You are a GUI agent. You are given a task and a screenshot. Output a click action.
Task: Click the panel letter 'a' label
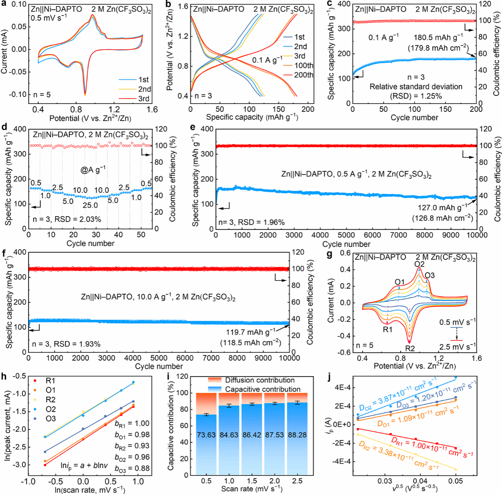pyautogui.click(x=4, y=4)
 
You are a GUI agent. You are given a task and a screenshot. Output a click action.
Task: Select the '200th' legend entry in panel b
pyautogui.click(x=303, y=75)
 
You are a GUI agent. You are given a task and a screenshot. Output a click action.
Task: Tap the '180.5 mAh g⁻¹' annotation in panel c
pyautogui.click(x=438, y=38)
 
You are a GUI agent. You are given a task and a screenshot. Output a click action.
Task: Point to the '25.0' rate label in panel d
pyautogui.click(x=90, y=205)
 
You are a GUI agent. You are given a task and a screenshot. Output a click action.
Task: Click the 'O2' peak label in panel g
pyautogui.click(x=419, y=264)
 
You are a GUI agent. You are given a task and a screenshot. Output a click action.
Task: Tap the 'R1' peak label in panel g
pyautogui.click(x=387, y=329)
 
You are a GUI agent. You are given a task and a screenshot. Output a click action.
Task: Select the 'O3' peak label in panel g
pyautogui.click(x=429, y=275)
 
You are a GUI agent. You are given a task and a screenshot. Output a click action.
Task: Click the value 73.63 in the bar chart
pyautogui.click(x=206, y=435)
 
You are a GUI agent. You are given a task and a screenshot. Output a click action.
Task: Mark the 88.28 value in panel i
pyautogui.click(x=297, y=435)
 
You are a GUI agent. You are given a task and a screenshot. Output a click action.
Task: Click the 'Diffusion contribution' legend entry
pyautogui.click(x=260, y=380)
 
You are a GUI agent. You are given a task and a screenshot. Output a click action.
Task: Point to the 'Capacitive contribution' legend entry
pyautogui.click(x=262, y=389)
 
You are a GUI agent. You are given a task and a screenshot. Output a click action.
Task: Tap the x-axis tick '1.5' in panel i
pyautogui.click(x=252, y=481)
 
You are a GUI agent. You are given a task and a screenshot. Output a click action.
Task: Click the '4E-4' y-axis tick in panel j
pyautogui.click(x=341, y=387)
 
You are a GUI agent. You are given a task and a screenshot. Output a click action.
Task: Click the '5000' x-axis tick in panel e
pyautogui.click(x=346, y=235)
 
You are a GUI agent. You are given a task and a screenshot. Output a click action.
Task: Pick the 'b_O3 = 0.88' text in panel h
pyautogui.click(x=132, y=469)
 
